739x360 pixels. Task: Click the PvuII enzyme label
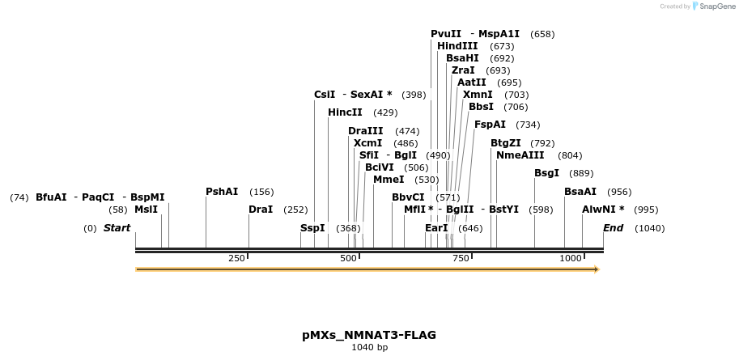point(446,34)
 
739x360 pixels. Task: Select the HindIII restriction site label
point(457,46)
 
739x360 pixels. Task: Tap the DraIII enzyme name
point(366,131)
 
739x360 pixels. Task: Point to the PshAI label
point(222,192)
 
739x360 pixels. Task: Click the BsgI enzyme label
point(546,173)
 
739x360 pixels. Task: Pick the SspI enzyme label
point(312,228)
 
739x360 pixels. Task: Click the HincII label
point(345,112)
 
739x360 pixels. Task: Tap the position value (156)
point(261,192)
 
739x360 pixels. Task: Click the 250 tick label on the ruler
point(236,258)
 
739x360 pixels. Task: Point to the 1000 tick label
point(571,258)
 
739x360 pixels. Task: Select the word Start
point(117,228)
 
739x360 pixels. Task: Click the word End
point(613,228)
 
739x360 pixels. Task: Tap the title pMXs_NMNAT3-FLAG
point(369,335)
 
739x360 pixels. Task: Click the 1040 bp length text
point(369,348)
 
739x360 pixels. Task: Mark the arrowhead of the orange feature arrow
point(597,269)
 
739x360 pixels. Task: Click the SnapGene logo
point(710,6)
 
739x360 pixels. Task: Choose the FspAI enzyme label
point(490,125)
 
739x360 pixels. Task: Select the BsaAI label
point(580,192)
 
